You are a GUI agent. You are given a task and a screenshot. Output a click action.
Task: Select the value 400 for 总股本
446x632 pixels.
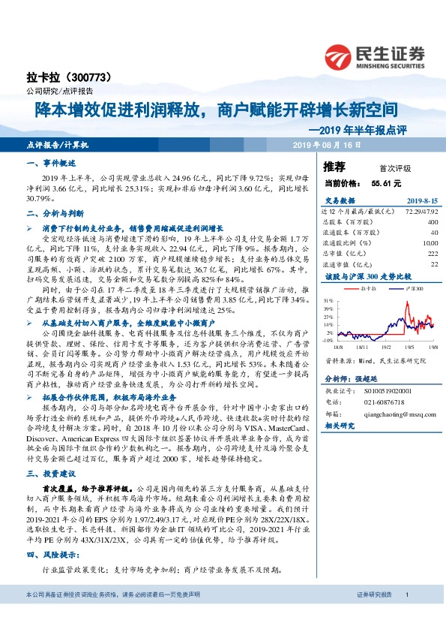(x=432, y=222)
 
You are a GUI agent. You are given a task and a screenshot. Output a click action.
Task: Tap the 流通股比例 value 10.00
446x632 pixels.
(x=429, y=243)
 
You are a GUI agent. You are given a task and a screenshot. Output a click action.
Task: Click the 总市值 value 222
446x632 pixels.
(x=432, y=254)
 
